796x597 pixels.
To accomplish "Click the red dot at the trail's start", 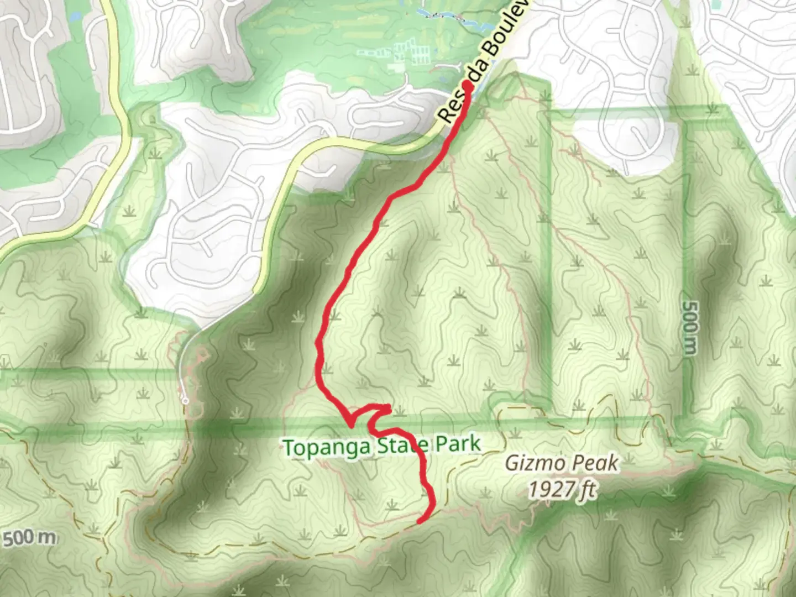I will click(468, 86).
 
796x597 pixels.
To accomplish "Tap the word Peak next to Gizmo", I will click(594, 463).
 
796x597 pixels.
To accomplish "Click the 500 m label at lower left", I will click(29, 538).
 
